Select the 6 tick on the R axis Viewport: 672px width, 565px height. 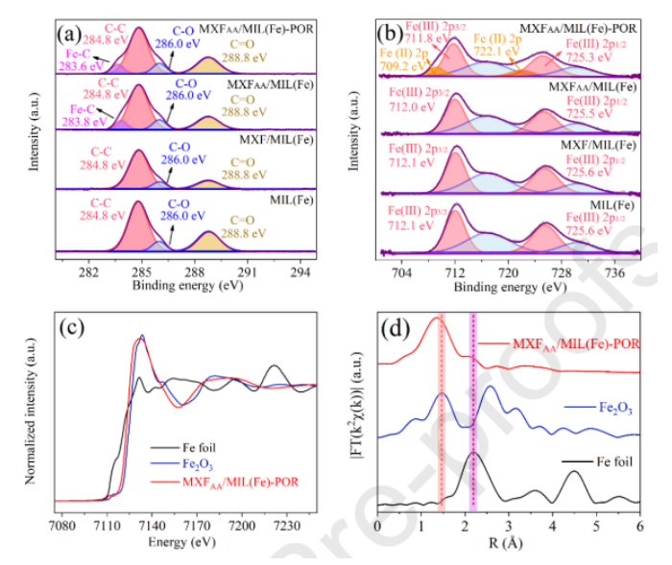[639, 527]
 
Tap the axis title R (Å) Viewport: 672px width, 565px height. [509, 544]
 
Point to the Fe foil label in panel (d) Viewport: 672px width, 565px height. [611, 462]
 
